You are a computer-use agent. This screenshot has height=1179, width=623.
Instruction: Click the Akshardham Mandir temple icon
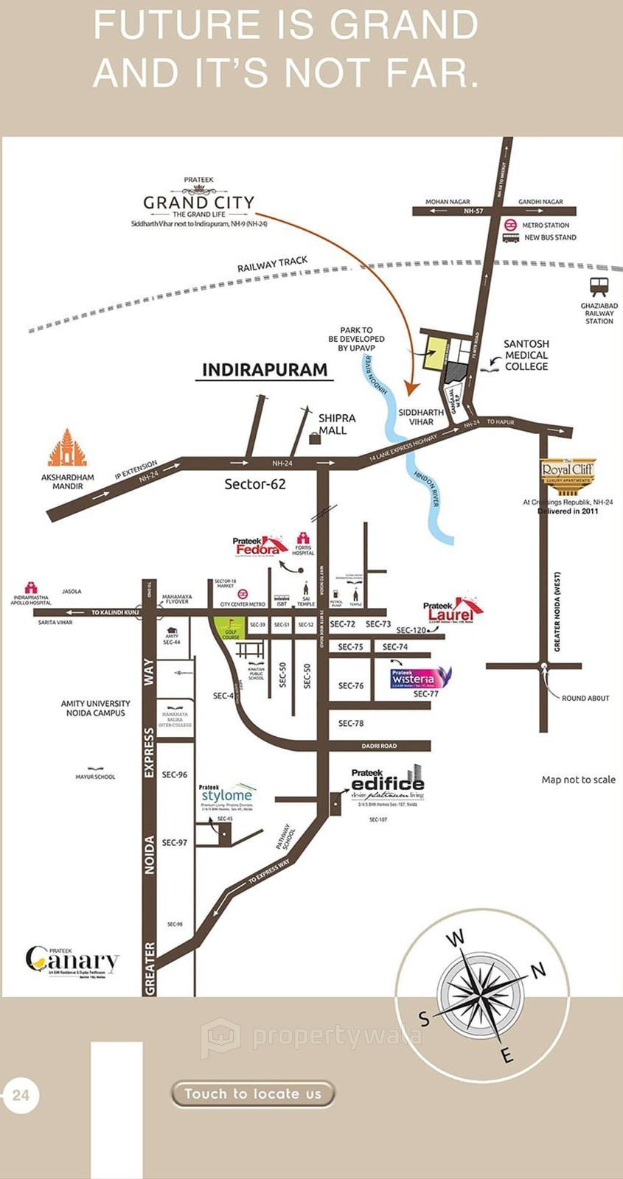click(67, 447)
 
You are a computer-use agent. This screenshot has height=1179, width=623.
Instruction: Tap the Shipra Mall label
click(336, 424)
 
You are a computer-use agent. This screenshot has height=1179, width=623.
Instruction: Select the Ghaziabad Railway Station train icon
click(599, 287)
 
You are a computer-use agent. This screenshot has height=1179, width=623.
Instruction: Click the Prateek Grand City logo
click(198, 202)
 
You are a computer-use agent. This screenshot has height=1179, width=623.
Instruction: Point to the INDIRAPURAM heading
click(265, 370)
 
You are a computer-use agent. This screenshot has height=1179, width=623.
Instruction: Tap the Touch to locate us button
click(253, 1094)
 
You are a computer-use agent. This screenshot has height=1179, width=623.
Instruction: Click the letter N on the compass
click(538, 970)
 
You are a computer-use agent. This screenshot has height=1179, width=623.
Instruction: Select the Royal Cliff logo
click(567, 472)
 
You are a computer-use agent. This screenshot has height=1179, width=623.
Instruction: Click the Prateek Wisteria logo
click(418, 677)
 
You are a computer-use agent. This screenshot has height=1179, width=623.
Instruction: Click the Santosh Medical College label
click(526, 354)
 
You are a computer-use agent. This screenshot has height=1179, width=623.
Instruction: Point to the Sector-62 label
click(254, 484)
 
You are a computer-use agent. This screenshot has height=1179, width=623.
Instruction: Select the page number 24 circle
click(21, 1095)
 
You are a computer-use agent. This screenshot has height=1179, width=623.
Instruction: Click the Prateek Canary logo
click(72, 959)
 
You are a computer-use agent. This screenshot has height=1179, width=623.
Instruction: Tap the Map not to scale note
click(578, 780)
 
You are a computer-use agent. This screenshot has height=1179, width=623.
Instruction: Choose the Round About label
click(585, 698)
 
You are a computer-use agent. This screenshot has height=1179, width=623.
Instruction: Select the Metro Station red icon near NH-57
click(509, 225)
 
